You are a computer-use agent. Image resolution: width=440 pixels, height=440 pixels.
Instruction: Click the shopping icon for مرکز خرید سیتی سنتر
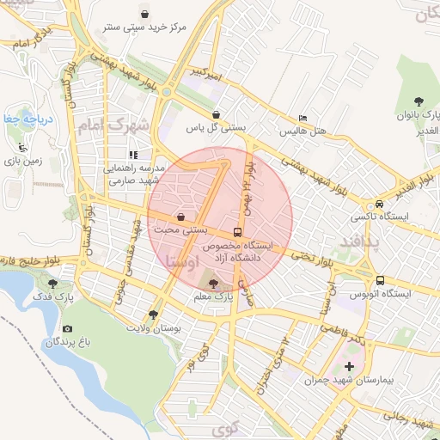[144, 14]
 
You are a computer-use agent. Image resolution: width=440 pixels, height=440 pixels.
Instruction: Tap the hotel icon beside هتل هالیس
[302, 119]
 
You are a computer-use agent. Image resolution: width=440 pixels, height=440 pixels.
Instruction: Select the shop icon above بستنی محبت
[180, 217]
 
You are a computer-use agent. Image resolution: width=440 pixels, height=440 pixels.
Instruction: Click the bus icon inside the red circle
[237, 232]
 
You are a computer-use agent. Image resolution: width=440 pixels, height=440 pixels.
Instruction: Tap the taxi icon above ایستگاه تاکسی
[379, 204]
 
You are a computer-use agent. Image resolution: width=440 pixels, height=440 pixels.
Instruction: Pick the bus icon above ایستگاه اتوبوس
[380, 280]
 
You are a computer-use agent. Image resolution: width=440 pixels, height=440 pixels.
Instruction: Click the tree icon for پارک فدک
[53, 283]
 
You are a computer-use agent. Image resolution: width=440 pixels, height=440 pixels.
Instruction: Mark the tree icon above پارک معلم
[213, 283]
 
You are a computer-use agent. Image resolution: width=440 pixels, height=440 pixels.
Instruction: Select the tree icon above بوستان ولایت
[153, 314]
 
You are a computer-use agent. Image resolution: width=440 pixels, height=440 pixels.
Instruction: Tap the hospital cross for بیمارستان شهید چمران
[349, 367]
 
